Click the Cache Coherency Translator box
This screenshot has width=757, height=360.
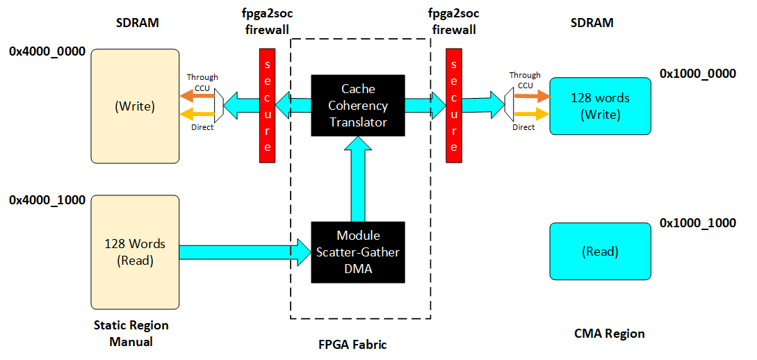(x=359, y=105)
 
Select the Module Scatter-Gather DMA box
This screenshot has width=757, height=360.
(x=358, y=252)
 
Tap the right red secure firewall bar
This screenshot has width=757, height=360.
(x=455, y=105)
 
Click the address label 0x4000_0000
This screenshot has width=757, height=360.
(x=47, y=51)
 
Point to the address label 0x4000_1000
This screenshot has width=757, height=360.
(x=47, y=200)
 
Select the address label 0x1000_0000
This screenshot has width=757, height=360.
(x=697, y=74)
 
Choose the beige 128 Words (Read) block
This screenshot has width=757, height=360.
(x=135, y=252)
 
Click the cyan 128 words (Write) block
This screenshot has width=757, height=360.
(x=600, y=106)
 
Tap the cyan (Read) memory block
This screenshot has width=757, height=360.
(x=600, y=252)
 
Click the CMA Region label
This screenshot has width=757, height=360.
(x=610, y=334)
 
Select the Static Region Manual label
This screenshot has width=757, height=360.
(x=131, y=334)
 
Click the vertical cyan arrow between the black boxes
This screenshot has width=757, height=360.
(x=359, y=178)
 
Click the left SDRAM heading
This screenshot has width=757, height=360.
(x=137, y=23)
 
